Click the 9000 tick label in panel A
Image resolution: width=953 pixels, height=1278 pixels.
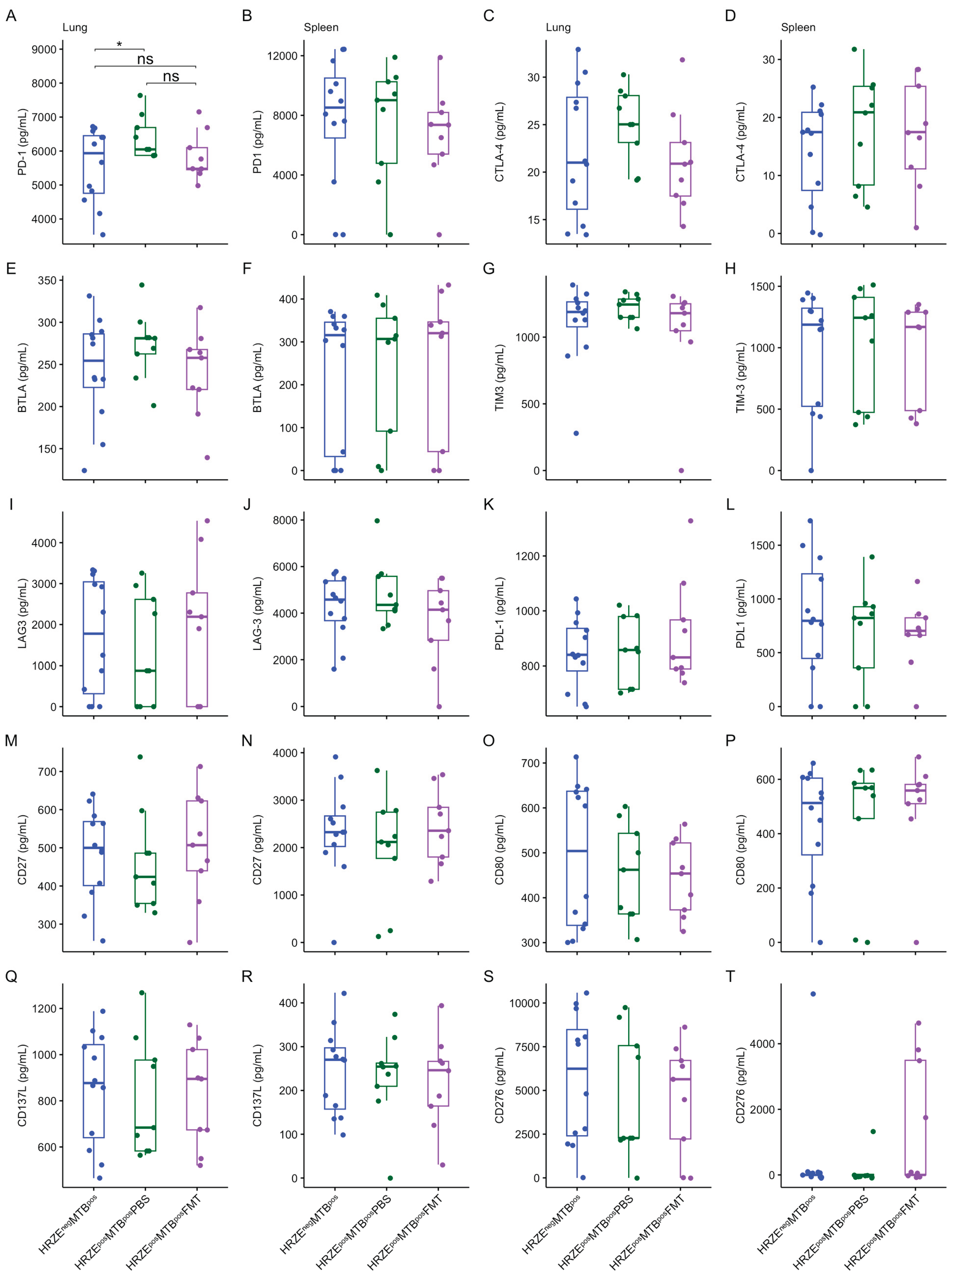pos(44,50)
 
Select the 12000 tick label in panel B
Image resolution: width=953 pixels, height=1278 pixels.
pos(282,56)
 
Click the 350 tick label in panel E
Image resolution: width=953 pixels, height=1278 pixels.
pos(47,280)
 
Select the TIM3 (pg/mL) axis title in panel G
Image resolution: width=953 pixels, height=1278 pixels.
pos(500,378)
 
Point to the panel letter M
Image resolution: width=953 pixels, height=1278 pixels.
pos(11,741)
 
